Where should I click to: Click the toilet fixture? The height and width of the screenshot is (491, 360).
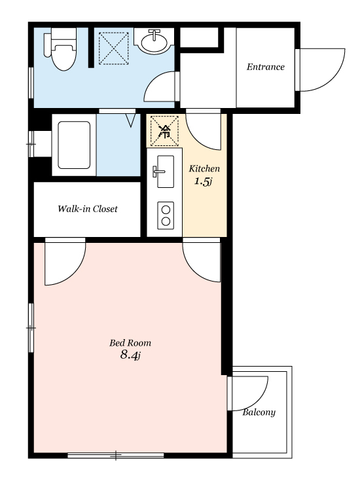(61, 48)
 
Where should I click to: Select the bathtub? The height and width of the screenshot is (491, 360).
(74, 145)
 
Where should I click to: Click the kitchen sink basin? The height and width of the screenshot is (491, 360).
(166, 172)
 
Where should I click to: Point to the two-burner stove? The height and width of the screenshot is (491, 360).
(166, 215)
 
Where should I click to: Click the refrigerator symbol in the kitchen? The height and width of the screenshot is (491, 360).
(164, 131)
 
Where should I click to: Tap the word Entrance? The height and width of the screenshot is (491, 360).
(266, 67)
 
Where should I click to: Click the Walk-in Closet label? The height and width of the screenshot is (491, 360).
(88, 209)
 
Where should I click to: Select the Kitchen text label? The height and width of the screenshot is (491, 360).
(204, 169)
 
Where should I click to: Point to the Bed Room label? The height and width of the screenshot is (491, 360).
(130, 343)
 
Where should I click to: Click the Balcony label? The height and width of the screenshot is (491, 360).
(259, 412)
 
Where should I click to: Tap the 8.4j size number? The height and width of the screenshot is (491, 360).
(130, 355)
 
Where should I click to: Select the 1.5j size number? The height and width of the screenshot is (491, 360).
(203, 181)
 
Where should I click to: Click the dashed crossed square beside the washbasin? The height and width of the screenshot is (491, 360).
(113, 48)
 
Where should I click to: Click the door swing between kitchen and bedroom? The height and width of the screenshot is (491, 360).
(194, 270)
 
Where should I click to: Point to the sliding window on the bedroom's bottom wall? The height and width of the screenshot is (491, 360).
(116, 455)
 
